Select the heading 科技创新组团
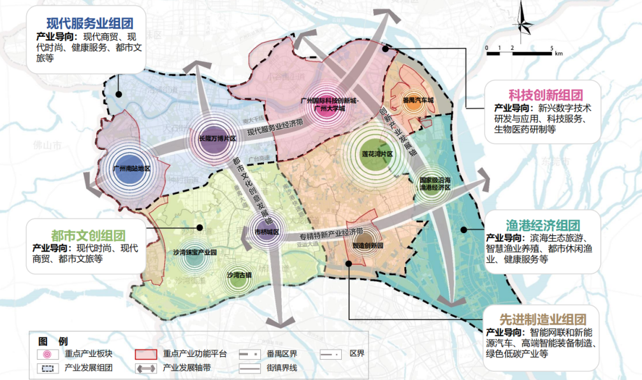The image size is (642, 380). pyautogui.click(x=545, y=95)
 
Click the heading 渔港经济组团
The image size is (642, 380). pyautogui.click(x=542, y=225)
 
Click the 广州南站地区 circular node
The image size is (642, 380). pyautogui.click(x=131, y=168)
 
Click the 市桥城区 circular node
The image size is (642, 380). pyautogui.click(x=266, y=231)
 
